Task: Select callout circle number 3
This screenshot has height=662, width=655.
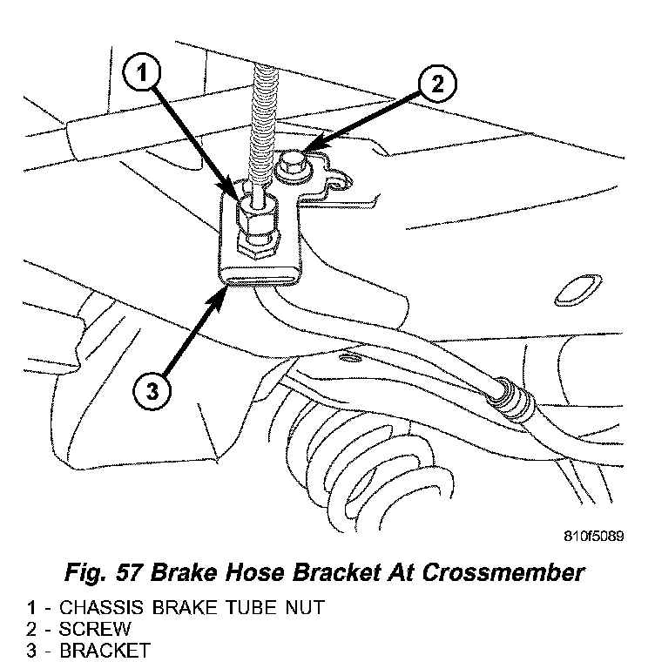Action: point(152,392)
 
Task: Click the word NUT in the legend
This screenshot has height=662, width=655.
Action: point(305,608)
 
